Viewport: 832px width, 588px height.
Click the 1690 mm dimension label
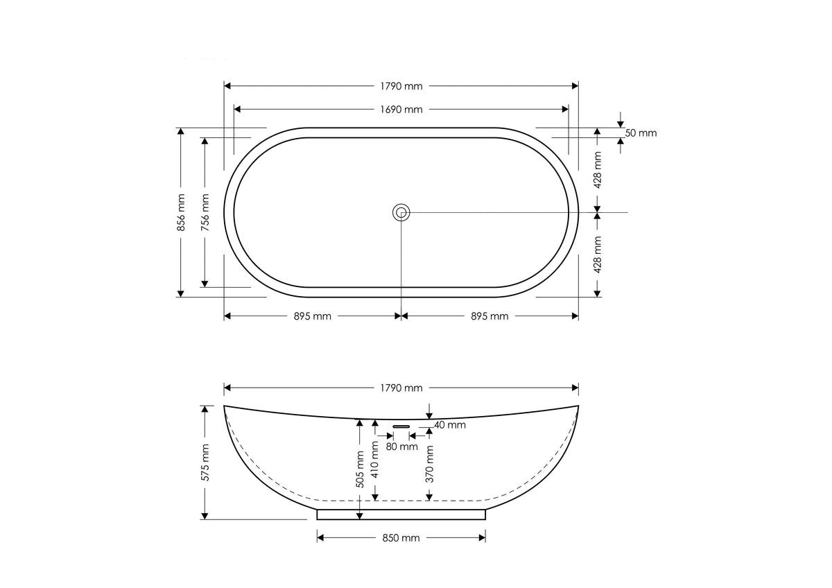[401, 110]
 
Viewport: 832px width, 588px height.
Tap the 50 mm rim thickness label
[641, 133]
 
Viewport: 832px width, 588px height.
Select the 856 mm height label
[181, 212]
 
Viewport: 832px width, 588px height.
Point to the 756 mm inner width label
[205, 212]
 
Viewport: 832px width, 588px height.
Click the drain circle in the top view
[401, 213]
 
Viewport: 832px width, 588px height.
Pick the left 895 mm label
[313, 316]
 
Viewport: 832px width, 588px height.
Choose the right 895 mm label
[489, 316]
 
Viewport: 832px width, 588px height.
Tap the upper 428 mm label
[597, 170]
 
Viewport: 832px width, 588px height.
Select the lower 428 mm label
[597, 254]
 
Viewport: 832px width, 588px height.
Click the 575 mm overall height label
[205, 462]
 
